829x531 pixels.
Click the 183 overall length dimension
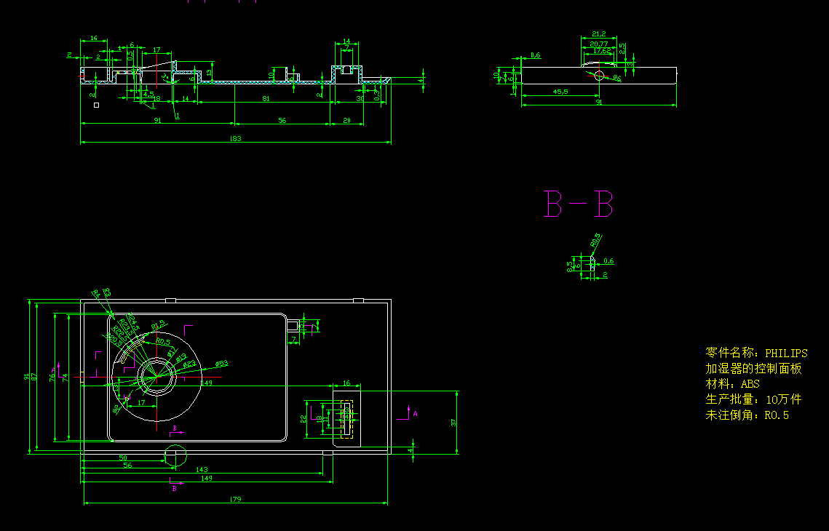(235, 138)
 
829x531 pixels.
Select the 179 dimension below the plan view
(235, 498)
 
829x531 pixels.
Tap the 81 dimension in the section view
(266, 98)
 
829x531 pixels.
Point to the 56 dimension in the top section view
(282, 120)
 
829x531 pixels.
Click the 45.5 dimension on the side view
(560, 92)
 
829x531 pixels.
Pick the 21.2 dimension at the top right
(599, 34)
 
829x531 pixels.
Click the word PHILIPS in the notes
(786, 353)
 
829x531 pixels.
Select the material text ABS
(750, 384)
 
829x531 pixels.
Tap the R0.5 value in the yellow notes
(776, 415)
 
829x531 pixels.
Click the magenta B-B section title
(579, 204)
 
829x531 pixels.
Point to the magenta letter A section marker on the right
(415, 413)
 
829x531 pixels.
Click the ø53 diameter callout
(221, 363)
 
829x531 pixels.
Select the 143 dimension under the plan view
(202, 470)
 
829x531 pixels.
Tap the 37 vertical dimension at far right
(453, 422)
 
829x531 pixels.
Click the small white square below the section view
(96, 105)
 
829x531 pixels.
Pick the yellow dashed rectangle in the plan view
(346, 420)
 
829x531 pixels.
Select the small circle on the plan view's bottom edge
(175, 456)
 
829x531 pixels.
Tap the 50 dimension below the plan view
(123, 457)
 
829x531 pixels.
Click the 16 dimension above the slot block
(346, 383)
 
